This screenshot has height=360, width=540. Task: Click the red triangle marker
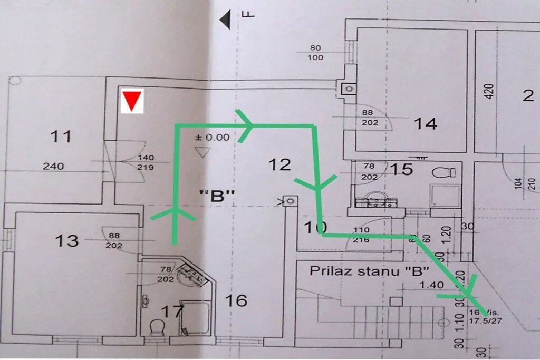pos(132,101)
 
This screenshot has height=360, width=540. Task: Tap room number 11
pos(61,137)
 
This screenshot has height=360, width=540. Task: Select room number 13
pos(67,240)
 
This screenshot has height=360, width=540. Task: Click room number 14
pos(425,124)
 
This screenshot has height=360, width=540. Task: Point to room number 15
pos(403,170)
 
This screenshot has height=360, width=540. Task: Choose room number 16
pos(236,300)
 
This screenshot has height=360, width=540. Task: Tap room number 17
pos(172,312)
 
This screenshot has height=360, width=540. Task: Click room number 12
pos(279,164)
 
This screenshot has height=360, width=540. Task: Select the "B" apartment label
pos(216,196)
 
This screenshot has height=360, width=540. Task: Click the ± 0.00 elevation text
pos(212,138)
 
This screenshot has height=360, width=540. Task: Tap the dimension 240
pos(53,166)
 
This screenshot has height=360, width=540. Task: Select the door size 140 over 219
pos(146,162)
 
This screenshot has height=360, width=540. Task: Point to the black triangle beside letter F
pos(227,20)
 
